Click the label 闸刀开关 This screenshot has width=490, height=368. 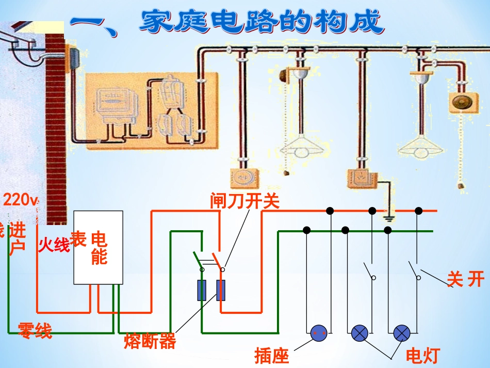click(244, 201)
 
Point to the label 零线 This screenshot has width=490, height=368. click(35, 330)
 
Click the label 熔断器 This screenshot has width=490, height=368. click(150, 341)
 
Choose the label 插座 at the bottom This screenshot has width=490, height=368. click(272, 356)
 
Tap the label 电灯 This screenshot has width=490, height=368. click(422, 356)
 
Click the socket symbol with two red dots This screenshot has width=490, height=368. click(319, 334)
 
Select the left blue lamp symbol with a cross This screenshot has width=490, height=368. click(360, 334)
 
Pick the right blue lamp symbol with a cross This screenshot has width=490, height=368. click(402, 334)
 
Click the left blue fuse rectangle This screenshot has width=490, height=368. click(202, 291)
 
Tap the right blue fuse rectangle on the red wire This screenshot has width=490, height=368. click(221, 291)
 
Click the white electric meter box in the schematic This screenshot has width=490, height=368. click(98, 247)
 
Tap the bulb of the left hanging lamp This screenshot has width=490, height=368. click(302, 151)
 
